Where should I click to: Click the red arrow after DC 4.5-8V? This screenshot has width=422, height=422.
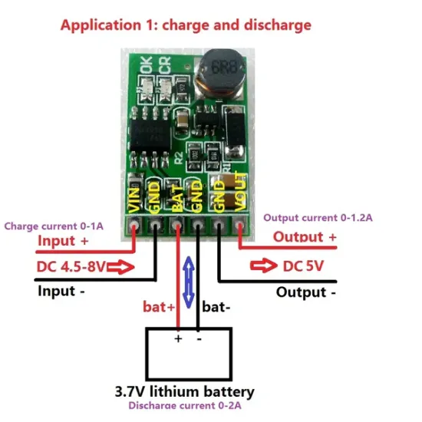(x=124, y=268)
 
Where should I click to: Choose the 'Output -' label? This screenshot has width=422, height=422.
(x=306, y=292)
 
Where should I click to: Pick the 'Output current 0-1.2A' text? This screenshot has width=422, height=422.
(x=318, y=218)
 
